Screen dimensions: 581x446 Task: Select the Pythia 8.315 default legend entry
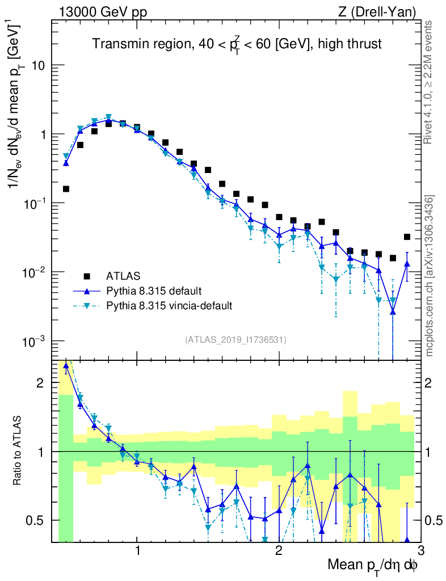click(x=153, y=291)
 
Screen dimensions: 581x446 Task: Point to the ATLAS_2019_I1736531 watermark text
click(x=235, y=340)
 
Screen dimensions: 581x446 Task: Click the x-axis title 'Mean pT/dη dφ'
click(x=373, y=565)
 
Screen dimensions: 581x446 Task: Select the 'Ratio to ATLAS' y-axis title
click(x=18, y=451)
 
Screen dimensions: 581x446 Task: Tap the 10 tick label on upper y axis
click(x=38, y=66)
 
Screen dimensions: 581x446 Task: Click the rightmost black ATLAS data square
click(x=407, y=237)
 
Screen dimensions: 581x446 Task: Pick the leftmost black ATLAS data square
click(x=66, y=189)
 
